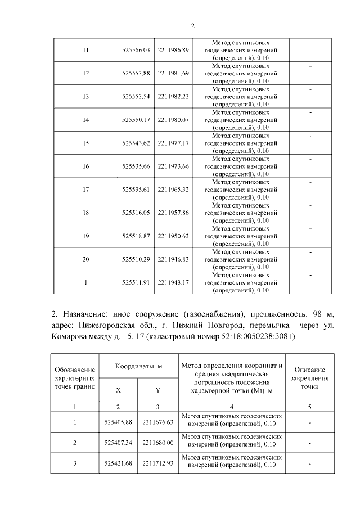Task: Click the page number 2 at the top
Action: [x=192, y=25]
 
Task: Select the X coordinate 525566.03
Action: [x=135, y=51]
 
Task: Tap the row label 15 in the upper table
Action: [x=85, y=143]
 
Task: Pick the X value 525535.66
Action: [x=135, y=166]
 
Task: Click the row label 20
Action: [x=85, y=259]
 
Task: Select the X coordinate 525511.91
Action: [x=135, y=282]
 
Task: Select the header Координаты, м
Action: [x=139, y=366]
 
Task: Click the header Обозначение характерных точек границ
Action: [x=75, y=377]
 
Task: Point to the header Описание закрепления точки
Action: [x=310, y=378]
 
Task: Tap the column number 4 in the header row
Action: [x=232, y=406]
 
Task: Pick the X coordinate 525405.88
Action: [x=118, y=421]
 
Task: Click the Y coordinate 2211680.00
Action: [x=158, y=443]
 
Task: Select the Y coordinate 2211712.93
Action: [x=158, y=463]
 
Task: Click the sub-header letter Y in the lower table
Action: [x=158, y=390]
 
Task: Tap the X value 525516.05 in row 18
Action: [x=135, y=213]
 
